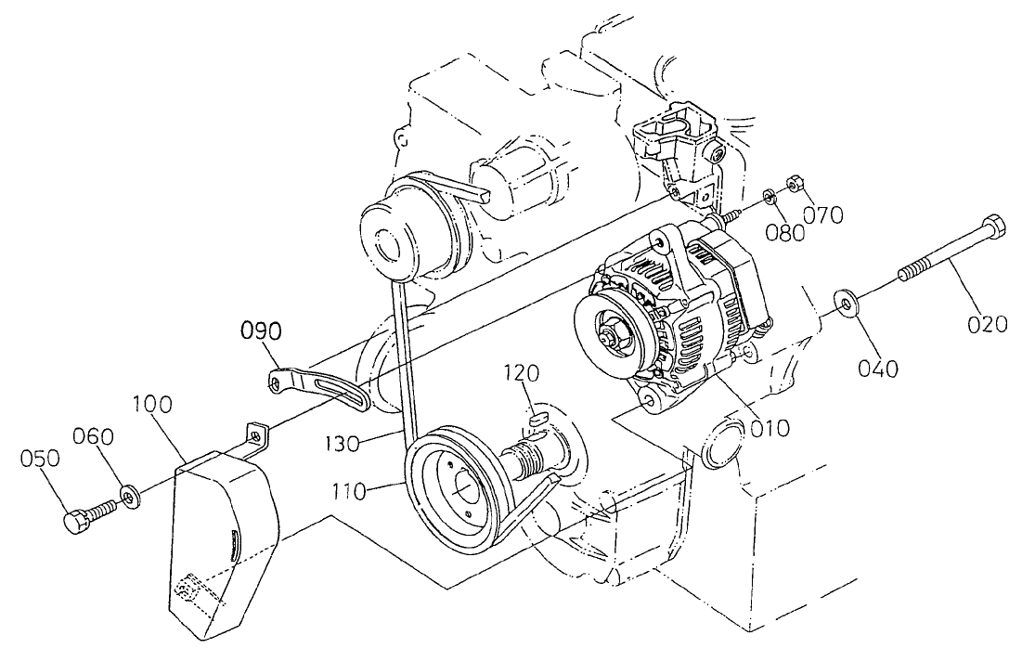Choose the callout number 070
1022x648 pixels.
[823, 215]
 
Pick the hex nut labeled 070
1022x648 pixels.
[794, 182]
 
